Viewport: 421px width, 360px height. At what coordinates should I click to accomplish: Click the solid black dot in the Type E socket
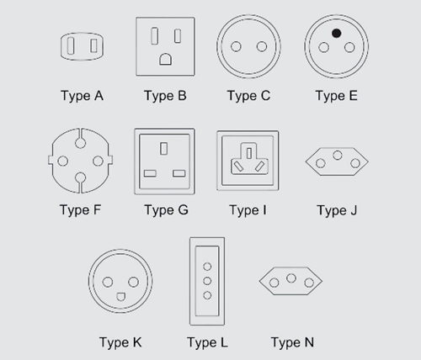point(336,34)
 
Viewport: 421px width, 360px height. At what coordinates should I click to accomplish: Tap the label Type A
point(82,96)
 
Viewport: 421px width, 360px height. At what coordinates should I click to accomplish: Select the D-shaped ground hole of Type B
point(166,59)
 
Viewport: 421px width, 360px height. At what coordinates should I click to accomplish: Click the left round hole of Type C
point(236,46)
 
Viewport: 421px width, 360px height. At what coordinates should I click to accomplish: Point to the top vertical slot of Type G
point(164,149)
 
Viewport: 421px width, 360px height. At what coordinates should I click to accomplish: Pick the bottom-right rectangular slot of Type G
point(179,173)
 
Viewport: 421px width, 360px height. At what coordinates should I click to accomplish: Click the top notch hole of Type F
point(81,143)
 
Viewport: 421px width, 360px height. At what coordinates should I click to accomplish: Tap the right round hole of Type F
point(98,161)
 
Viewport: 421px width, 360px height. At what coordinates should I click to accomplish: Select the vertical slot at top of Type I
point(249,153)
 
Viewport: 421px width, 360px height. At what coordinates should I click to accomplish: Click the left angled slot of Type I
point(239,167)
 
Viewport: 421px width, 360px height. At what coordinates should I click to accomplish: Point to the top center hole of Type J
point(338,155)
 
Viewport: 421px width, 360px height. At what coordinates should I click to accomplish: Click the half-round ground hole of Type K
point(121,297)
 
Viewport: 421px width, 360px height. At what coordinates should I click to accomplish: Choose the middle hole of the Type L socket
point(207,281)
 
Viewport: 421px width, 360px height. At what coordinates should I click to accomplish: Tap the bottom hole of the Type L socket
point(207,295)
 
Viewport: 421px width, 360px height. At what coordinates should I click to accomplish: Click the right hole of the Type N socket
point(309,283)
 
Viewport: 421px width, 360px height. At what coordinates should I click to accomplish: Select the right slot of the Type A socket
point(93,45)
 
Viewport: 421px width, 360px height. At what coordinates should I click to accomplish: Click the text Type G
point(167,210)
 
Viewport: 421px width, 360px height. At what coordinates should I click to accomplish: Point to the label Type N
point(292,342)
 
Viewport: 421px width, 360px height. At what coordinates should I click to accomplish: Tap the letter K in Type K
point(137,342)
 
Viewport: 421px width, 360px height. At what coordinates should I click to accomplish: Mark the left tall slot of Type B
point(154,36)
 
